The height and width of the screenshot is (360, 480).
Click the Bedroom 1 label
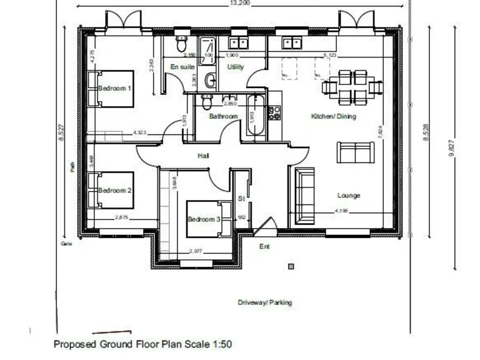point(115,89)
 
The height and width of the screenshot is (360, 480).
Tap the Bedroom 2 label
point(115,191)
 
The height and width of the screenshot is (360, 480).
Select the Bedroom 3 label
point(204,219)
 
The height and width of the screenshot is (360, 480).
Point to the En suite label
point(182,67)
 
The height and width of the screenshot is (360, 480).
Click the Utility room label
point(236,67)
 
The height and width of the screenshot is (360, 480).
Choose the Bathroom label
point(223,117)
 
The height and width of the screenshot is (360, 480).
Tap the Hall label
point(203,155)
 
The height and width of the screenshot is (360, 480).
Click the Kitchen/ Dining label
point(334,117)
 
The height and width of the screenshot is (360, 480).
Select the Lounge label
point(348,196)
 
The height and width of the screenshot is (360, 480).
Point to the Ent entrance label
point(264,247)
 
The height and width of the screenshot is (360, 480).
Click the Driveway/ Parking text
point(264,302)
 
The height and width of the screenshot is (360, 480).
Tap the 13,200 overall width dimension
point(241,3)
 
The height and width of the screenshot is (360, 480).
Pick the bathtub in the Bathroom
point(256,116)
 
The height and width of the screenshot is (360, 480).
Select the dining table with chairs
point(352,87)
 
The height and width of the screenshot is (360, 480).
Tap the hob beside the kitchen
point(274,113)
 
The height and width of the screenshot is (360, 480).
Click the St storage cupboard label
point(241,199)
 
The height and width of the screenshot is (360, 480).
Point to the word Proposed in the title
point(72,344)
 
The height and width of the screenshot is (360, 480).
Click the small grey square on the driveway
point(291,267)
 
